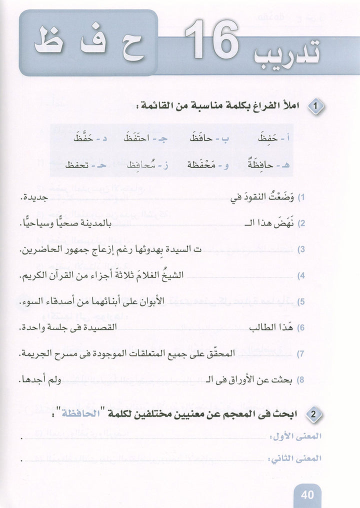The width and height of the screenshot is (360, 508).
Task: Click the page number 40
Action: click(307, 495)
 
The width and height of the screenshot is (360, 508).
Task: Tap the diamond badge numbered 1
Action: click(315, 106)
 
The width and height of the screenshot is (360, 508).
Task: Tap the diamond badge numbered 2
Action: click(315, 414)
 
